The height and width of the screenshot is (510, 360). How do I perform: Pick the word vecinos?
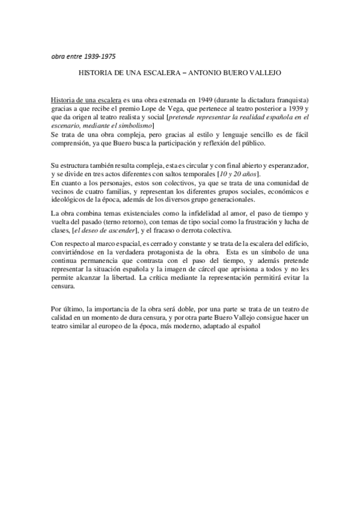tap(63, 191)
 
